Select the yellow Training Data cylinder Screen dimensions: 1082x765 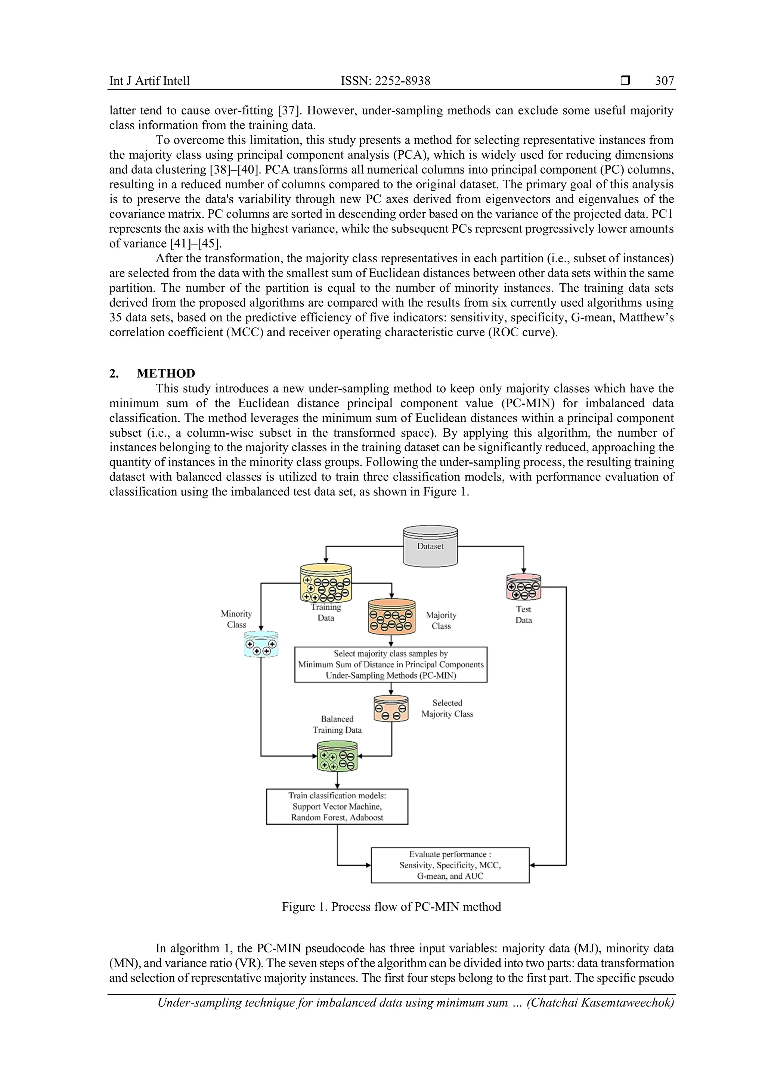(326, 584)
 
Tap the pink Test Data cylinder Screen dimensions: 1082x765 (523, 587)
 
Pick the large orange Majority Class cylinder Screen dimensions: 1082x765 (391, 617)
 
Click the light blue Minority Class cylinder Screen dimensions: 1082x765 (260, 644)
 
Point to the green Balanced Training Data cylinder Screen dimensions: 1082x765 (337, 756)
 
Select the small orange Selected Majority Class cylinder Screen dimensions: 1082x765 (390, 708)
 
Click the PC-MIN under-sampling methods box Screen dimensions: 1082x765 (390, 664)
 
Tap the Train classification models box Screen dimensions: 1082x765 (337, 806)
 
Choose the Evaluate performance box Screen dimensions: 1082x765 (450, 865)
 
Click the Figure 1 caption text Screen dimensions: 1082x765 (391, 907)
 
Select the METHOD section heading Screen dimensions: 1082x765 (165, 373)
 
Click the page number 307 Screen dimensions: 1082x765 (664, 81)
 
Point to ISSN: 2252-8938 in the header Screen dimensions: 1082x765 (385, 81)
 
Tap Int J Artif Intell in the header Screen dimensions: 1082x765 (149, 81)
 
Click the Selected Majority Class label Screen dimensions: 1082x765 (447, 708)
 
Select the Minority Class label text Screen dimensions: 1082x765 (236, 619)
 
